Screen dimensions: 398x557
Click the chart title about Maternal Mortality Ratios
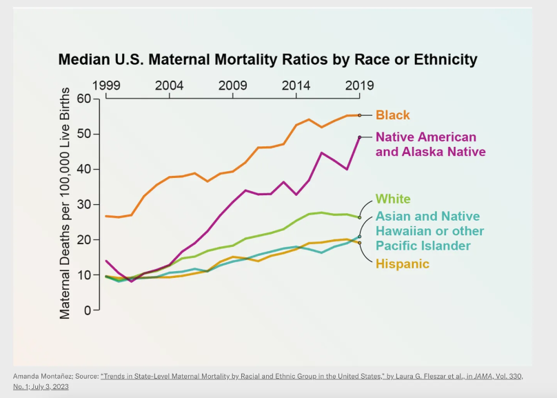tap(267, 59)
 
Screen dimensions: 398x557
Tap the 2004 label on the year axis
tap(169, 86)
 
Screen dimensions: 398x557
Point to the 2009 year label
tap(233, 86)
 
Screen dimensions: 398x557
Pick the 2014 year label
tap(296, 86)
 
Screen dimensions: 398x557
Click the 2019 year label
tap(359, 86)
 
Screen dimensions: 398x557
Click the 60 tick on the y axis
tap(83, 99)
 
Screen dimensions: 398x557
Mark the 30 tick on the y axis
tap(83, 204)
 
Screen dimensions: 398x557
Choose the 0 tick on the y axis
tap(87, 310)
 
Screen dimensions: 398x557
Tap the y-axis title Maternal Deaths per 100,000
tap(65, 203)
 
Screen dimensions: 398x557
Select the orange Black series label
tap(392, 115)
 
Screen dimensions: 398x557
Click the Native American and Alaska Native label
tap(430, 144)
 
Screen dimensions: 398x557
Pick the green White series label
tap(393, 199)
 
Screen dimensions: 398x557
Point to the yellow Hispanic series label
tap(402, 263)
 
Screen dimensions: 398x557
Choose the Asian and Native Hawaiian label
tap(429, 231)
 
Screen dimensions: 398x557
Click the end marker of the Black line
tap(359, 115)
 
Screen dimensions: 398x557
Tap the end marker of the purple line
tap(359, 137)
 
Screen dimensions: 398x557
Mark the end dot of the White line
tap(359, 217)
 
